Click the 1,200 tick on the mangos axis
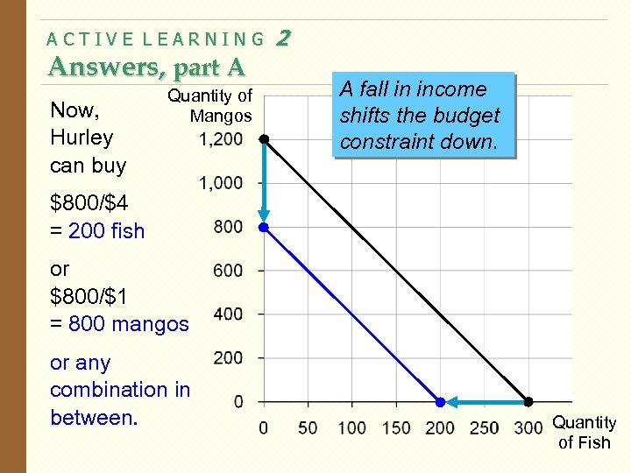tap(221, 139)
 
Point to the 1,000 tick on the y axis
tap(221, 183)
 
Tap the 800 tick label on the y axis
tap(228, 227)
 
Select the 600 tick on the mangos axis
tap(228, 271)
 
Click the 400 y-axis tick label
tap(228, 314)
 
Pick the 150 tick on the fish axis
tap(395, 427)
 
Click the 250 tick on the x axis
tap(484, 427)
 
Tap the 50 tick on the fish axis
tap(308, 427)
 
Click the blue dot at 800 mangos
tap(264, 227)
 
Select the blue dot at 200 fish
tap(440, 402)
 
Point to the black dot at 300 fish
tap(528, 402)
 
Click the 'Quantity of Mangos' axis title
tap(210, 105)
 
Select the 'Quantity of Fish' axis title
tap(585, 433)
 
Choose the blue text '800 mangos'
tap(129, 324)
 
